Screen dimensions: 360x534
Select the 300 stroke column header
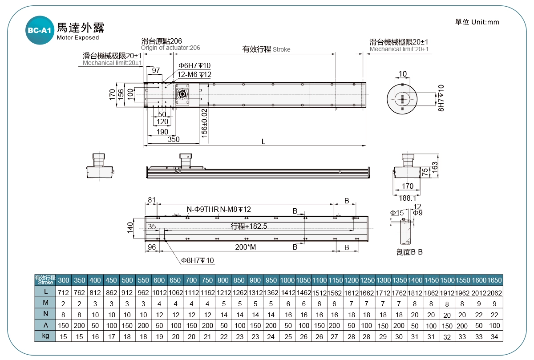tap(64, 280)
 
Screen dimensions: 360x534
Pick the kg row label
tap(45, 336)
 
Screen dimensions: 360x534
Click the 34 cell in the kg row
tap(495, 336)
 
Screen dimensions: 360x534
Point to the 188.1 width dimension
tap(408, 198)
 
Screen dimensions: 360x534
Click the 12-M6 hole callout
tap(194, 74)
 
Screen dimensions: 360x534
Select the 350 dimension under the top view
tap(174, 140)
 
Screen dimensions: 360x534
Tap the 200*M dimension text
tap(246, 247)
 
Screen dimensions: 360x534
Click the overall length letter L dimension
tap(263, 142)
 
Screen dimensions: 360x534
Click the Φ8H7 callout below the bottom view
tap(197, 260)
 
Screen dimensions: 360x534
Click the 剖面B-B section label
tap(409, 252)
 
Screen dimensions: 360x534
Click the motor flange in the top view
tap(182, 94)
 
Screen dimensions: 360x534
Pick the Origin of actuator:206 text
tap(170, 48)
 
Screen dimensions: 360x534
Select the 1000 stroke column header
tap(287, 280)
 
